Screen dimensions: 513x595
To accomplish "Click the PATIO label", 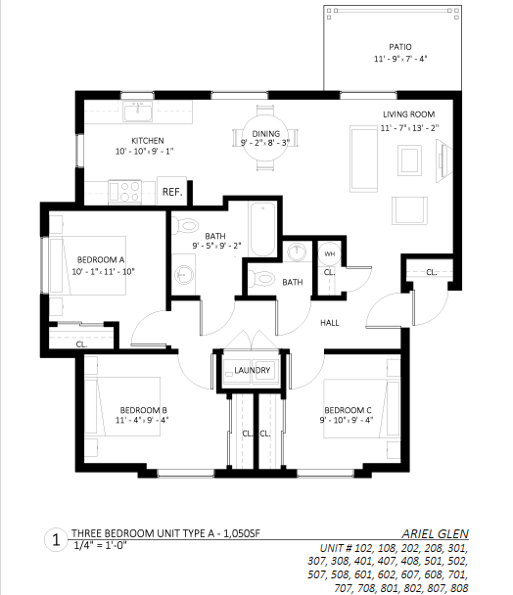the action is [x=400, y=47].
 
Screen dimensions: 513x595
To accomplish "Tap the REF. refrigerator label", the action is [x=172, y=192].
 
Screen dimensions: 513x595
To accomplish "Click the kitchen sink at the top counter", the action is [x=137, y=112].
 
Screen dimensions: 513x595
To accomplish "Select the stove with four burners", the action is [x=124, y=192].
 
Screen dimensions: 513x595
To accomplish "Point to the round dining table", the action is [x=265, y=138].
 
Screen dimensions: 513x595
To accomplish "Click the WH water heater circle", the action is [x=330, y=253].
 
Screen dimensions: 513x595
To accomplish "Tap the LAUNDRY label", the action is [x=253, y=370].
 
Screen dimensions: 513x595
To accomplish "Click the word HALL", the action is [x=330, y=323].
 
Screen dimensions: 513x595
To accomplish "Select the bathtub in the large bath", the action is [x=262, y=229].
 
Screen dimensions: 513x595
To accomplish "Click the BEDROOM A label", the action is [x=101, y=260].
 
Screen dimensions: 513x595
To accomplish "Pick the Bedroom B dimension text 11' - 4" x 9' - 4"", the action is [x=142, y=421].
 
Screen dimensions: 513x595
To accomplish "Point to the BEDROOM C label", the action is [x=348, y=410].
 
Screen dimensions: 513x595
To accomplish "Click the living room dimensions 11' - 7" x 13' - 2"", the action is [x=410, y=128].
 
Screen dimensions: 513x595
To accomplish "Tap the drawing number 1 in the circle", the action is [x=56, y=539].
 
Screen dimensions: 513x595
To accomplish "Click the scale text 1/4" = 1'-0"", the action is [x=100, y=546].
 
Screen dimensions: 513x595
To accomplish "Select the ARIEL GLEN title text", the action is [x=435, y=534].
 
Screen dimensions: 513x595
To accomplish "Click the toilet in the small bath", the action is [x=262, y=279].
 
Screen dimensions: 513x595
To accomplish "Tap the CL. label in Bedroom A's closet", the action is [x=81, y=344].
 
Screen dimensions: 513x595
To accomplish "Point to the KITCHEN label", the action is [x=148, y=141].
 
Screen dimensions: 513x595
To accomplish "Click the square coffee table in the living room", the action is [x=410, y=160].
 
